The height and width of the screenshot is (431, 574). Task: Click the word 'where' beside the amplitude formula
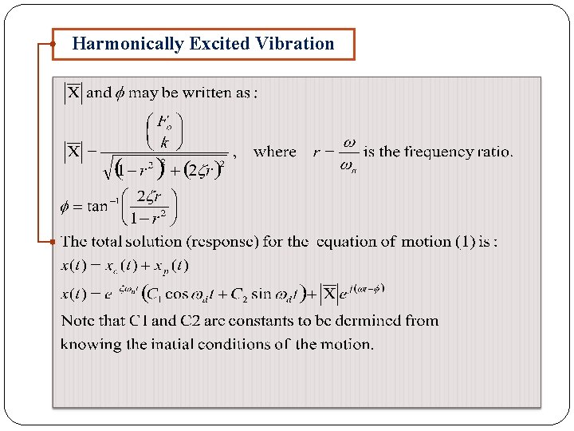pyautogui.click(x=275, y=152)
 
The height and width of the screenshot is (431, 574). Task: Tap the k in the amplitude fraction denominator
pyautogui.click(x=165, y=143)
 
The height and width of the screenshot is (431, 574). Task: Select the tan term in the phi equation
pyautogui.click(x=97, y=207)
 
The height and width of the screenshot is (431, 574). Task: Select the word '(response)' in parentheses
pyautogui.click(x=220, y=241)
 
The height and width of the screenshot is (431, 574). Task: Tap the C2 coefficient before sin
pyautogui.click(x=241, y=294)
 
